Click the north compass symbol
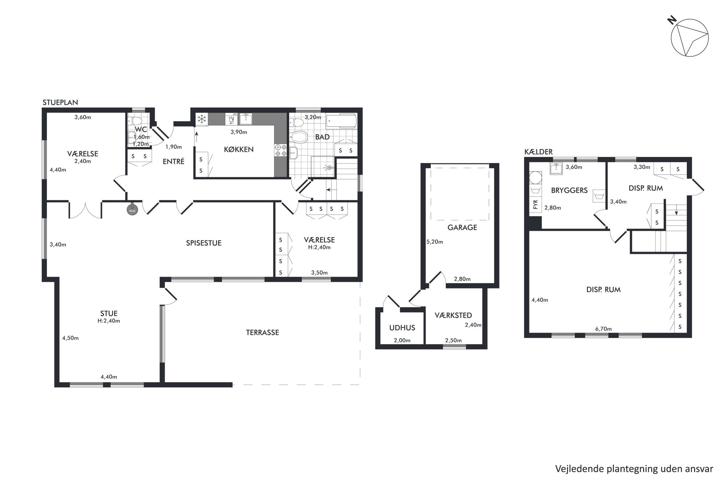pyautogui.click(x=689, y=38)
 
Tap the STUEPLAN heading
pyautogui.click(x=60, y=102)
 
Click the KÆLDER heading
pyautogui.click(x=538, y=152)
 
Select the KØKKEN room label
pyautogui.click(x=239, y=149)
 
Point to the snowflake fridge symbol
pyautogui.click(x=201, y=119)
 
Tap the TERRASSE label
pyautogui.click(x=262, y=332)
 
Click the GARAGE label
pyautogui.click(x=462, y=227)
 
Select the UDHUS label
pyautogui.click(x=402, y=328)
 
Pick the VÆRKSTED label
pyautogui.click(x=453, y=315)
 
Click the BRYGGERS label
pyautogui.click(x=569, y=190)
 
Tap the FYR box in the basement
pyautogui.click(x=535, y=205)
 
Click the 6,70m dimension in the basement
pyautogui.click(x=603, y=329)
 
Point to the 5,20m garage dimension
pyautogui.click(x=434, y=242)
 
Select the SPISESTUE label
pyautogui.click(x=204, y=243)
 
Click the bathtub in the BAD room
pyautogui.click(x=341, y=121)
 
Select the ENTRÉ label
pyautogui.click(x=173, y=161)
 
